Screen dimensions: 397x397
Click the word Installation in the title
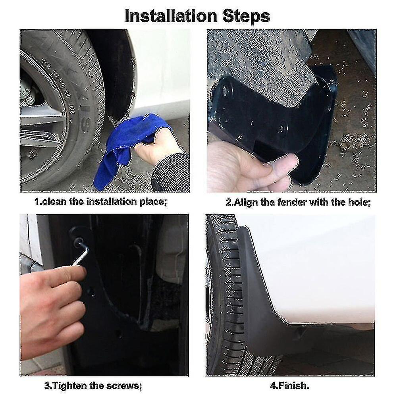pyautogui.click(x=171, y=16)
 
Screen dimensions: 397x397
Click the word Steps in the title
pyautogui.click(x=246, y=17)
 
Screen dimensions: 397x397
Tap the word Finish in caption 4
pyautogui.click(x=293, y=386)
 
